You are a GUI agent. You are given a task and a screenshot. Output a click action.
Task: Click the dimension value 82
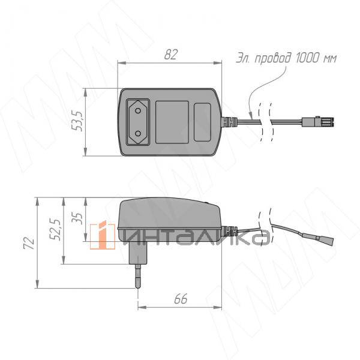[171, 55]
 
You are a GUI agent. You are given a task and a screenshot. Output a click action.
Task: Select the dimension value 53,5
[77, 121]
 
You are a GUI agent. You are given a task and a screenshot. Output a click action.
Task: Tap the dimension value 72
[29, 243]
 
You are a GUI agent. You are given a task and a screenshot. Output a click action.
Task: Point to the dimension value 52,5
[55, 229]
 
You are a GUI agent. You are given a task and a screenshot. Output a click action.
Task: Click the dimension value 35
[77, 218]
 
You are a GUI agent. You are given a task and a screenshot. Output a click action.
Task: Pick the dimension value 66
[181, 299]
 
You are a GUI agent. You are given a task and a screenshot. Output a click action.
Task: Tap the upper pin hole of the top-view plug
[138, 111]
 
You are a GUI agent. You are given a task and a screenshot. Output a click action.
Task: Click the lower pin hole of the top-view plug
[138, 133]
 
